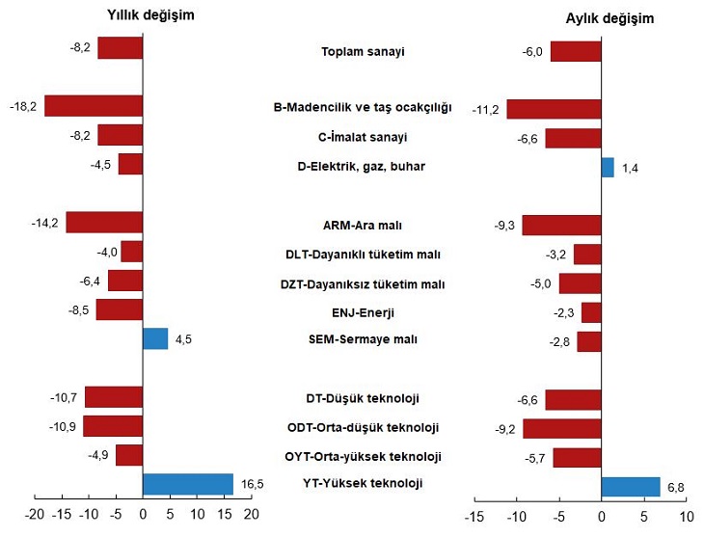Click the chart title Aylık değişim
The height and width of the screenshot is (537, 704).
tap(609, 18)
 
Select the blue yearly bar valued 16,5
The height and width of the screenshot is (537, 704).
tap(188, 484)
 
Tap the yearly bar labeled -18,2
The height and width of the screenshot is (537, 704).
tap(94, 106)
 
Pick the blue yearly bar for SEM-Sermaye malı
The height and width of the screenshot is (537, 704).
tap(155, 338)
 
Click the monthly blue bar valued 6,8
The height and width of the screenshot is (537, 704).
tap(631, 486)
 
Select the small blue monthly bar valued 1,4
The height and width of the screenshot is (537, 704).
tap(608, 167)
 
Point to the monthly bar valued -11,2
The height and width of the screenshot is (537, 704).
tap(554, 109)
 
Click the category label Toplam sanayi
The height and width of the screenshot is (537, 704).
tap(363, 52)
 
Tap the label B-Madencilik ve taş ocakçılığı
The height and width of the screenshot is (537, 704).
tap(363, 107)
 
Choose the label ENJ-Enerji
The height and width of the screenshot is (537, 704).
tap(363, 312)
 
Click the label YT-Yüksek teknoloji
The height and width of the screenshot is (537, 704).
tap(363, 484)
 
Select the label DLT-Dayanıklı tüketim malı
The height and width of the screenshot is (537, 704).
tap(363, 255)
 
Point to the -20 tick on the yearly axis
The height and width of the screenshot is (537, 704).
tap(33, 513)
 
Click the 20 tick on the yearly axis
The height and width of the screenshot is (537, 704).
tap(252, 513)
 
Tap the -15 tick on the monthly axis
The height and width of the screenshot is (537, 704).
tap(474, 517)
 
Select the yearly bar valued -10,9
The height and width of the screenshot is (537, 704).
tap(113, 426)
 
